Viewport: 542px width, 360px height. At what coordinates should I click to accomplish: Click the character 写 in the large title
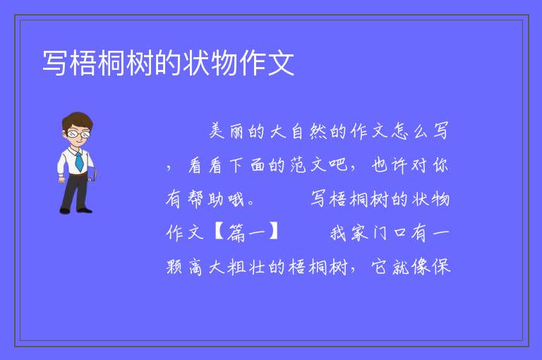[x=54, y=63]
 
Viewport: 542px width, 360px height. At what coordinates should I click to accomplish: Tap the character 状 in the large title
[x=196, y=63]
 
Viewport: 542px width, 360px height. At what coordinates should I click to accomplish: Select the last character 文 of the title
[x=281, y=63]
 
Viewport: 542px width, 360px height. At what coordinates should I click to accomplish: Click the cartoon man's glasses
[x=78, y=133]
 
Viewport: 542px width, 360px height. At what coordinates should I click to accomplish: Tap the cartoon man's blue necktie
[x=79, y=162]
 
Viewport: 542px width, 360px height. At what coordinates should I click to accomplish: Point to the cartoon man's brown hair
[x=78, y=120]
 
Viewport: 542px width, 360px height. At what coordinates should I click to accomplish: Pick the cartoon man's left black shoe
[x=66, y=210]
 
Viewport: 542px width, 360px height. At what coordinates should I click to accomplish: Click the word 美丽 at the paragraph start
[x=227, y=131]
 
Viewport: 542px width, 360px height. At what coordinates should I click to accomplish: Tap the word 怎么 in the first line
[x=409, y=131]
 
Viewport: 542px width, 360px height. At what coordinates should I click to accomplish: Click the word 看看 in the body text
[x=205, y=165]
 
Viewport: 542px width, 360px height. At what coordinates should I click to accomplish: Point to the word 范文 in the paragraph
[x=308, y=165]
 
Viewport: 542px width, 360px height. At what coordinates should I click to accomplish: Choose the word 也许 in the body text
[x=390, y=165]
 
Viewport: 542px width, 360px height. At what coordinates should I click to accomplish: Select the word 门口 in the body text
[x=390, y=232]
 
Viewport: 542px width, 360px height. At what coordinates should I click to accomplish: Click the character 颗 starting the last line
[x=174, y=267]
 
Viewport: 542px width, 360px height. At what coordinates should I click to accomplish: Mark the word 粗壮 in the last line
[x=246, y=267]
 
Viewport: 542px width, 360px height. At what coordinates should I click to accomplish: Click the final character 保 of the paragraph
[x=441, y=267]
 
